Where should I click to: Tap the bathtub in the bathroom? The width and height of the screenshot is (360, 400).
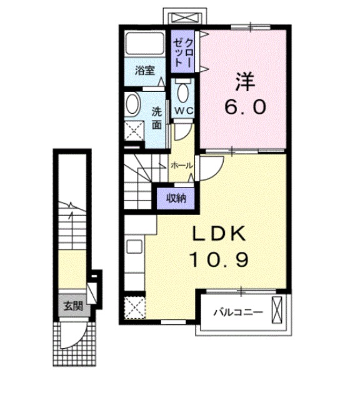tap(147, 44)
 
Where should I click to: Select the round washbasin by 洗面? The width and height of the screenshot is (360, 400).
tap(132, 104)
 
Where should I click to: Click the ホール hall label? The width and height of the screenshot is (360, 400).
tap(182, 166)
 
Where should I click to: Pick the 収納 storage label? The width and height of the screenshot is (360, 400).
tap(175, 198)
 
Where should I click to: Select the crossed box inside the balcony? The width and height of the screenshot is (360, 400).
tap(278, 310)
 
